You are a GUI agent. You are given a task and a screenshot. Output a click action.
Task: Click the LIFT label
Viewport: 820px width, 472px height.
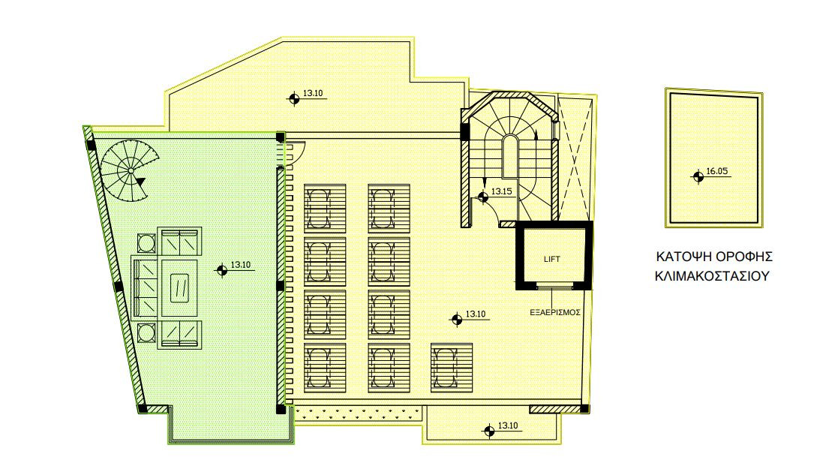[x=551, y=259]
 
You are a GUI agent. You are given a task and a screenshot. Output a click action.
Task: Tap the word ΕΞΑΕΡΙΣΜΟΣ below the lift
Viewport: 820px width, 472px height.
[x=555, y=312]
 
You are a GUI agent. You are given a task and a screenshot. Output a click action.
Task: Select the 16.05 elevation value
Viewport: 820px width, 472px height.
[x=717, y=171]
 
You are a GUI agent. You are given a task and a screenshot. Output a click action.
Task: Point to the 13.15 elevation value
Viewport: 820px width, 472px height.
[x=501, y=191]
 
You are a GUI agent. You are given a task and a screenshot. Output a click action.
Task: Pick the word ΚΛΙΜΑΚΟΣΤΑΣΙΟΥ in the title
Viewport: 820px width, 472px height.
[x=712, y=275]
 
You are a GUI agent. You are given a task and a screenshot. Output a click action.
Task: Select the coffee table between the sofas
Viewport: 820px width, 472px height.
[x=179, y=288]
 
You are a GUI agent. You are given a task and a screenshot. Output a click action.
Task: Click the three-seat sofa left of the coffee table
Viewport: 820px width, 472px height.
[x=146, y=287]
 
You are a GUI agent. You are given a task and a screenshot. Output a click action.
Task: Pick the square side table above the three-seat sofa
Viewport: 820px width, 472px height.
[x=146, y=243]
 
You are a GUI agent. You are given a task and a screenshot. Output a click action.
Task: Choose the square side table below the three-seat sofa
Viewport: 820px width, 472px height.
[x=146, y=332]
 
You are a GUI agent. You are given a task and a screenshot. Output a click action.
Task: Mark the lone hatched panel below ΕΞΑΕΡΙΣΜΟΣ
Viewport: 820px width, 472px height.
[x=452, y=367]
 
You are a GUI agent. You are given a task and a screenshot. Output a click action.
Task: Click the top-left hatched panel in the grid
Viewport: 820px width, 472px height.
[x=326, y=209]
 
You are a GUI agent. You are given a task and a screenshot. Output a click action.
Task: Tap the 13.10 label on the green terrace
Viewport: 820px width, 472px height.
[x=240, y=265]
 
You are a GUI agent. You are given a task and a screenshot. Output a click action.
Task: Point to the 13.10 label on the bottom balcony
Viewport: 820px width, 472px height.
[x=508, y=426]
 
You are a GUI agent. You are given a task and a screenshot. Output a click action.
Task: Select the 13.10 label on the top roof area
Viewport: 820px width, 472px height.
[x=313, y=94]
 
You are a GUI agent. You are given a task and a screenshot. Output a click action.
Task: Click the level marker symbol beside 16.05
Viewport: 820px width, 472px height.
[x=697, y=177]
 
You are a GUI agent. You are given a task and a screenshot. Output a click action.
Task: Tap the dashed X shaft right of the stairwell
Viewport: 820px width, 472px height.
[x=574, y=158]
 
